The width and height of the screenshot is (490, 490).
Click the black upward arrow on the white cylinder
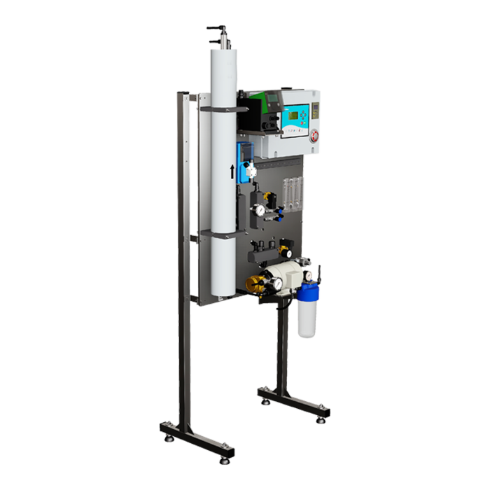coord(232,170)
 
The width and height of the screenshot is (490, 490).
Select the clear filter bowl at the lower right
coord(307,321)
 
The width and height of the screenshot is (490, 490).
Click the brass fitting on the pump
coord(253,283)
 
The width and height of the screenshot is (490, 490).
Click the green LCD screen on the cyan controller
coord(300,114)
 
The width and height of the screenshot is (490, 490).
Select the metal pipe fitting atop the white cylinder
coord(218,37)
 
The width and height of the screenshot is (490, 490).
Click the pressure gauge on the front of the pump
coord(278,283)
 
